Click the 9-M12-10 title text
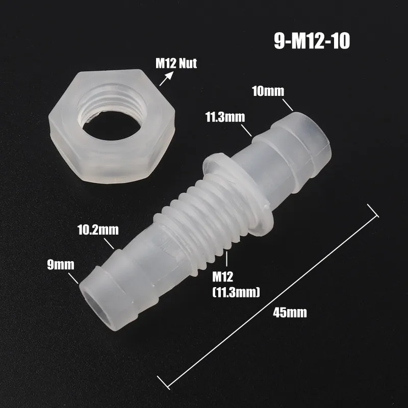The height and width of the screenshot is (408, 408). [x=312, y=41]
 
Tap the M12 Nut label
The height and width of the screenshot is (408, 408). [x=176, y=63]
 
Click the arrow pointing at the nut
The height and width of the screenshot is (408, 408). [x=166, y=79]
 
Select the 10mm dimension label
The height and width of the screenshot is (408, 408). [x=268, y=91]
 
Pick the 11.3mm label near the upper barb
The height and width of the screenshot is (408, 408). [x=225, y=117]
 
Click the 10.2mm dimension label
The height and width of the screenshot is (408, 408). [x=98, y=230]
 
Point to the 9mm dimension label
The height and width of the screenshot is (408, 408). [x=61, y=265]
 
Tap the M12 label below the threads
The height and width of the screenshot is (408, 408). [x=222, y=277]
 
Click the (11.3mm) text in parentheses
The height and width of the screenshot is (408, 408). [x=236, y=292]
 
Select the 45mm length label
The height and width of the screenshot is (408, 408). [x=290, y=313]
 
